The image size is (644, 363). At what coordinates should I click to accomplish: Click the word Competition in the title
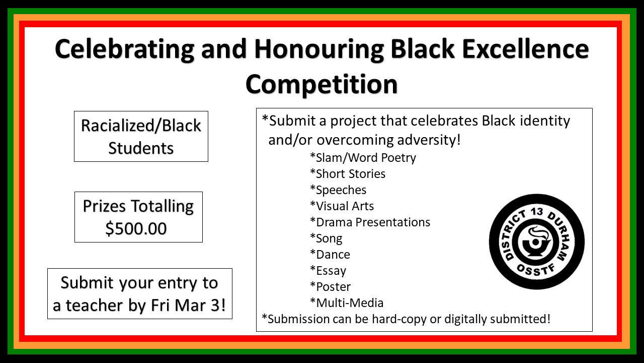point(321,85)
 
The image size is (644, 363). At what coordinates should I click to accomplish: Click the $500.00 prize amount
point(136,229)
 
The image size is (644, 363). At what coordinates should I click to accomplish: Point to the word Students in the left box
point(141,148)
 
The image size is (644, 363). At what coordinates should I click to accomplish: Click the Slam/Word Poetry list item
point(363,158)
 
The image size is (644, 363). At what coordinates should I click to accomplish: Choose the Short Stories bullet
point(348,174)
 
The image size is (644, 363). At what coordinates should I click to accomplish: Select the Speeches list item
point(338,190)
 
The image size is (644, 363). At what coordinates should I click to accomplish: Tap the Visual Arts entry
point(342,206)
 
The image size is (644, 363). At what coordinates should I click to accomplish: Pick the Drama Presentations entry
point(370,222)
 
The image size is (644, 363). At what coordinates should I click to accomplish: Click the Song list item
point(326,239)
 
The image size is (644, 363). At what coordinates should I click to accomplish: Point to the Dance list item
point(330,255)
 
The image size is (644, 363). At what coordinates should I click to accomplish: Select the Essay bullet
point(328,271)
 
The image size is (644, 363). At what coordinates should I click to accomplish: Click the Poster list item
point(331,287)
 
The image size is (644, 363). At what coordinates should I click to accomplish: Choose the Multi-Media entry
point(347,303)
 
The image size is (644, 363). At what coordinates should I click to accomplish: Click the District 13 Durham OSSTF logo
point(537,241)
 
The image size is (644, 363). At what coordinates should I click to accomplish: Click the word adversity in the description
point(429,140)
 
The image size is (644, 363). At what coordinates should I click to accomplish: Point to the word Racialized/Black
point(141,126)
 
